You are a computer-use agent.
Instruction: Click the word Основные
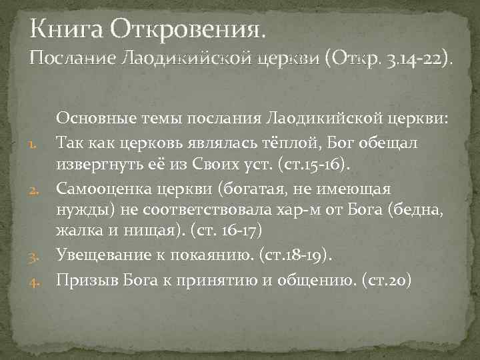click(98, 119)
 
